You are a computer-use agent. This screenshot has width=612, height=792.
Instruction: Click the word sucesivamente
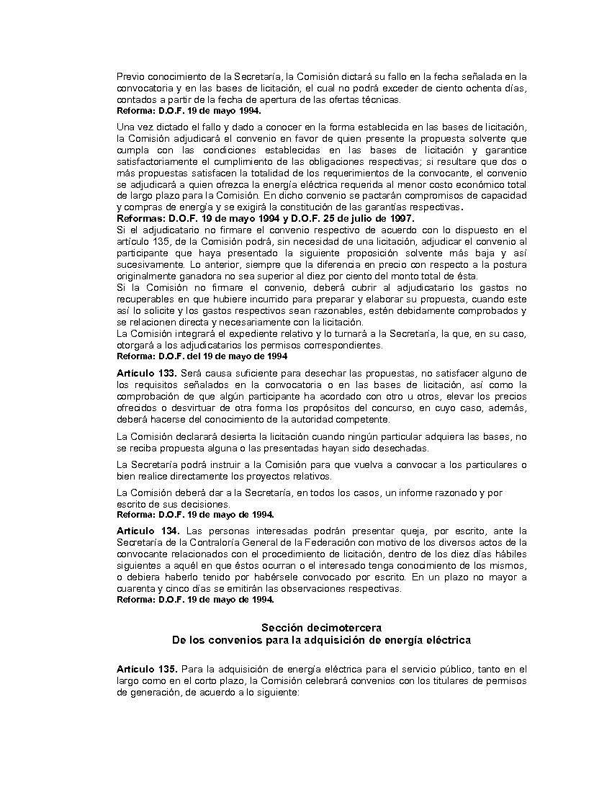tap(146, 265)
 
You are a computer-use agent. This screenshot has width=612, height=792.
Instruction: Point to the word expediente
tap(251, 334)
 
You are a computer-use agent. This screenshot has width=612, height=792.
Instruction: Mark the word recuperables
tap(145, 300)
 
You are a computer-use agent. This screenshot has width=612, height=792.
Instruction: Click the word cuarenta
tap(134, 588)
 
